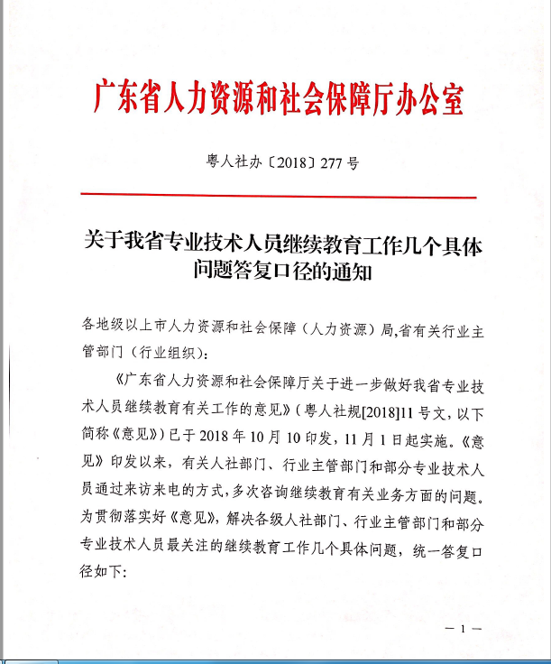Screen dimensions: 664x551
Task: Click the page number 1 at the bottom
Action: pyautogui.click(x=466, y=628)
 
